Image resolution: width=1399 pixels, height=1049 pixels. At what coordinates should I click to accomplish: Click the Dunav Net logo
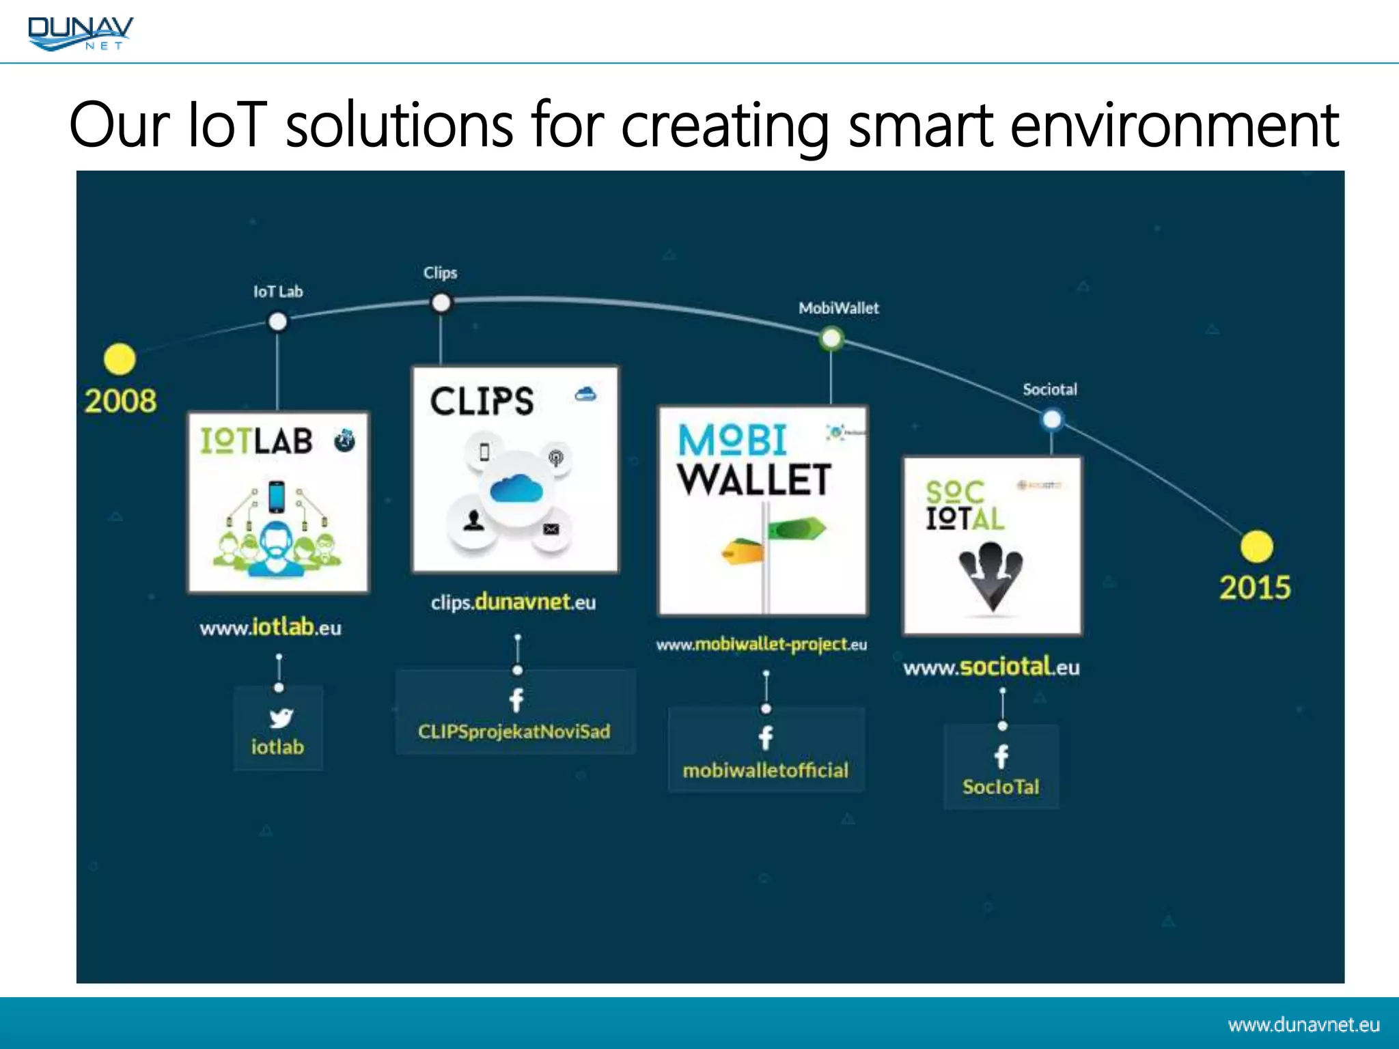click(80, 33)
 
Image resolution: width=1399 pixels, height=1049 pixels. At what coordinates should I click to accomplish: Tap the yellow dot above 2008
click(120, 359)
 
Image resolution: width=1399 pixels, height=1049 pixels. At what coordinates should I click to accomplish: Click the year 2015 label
click(1255, 588)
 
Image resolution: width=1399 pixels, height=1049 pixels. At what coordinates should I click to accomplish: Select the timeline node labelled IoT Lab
click(277, 321)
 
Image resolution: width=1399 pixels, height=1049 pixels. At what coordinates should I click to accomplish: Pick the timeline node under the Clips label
click(441, 303)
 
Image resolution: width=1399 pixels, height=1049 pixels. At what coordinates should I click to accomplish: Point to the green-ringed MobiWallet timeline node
click(831, 338)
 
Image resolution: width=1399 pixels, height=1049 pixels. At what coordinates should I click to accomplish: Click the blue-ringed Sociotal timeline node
click(1052, 419)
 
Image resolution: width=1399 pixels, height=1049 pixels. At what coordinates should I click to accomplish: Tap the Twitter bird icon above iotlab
click(280, 718)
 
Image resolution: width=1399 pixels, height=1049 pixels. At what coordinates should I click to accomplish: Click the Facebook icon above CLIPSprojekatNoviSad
click(517, 699)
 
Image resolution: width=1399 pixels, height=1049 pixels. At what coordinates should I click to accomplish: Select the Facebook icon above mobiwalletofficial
click(766, 738)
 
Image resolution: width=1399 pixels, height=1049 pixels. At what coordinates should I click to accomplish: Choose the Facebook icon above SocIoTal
click(1001, 756)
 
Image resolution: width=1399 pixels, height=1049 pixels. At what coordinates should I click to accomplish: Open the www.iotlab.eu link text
click(271, 628)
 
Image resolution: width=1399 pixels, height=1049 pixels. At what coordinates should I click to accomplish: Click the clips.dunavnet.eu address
click(513, 602)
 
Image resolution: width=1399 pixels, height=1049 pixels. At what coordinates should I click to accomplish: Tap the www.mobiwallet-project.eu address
click(762, 645)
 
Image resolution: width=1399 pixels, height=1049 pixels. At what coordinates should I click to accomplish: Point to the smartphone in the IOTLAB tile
click(277, 496)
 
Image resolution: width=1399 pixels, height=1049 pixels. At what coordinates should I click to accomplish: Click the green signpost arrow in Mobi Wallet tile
click(797, 529)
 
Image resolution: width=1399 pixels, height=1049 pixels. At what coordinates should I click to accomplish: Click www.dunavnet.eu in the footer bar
click(1303, 1024)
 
